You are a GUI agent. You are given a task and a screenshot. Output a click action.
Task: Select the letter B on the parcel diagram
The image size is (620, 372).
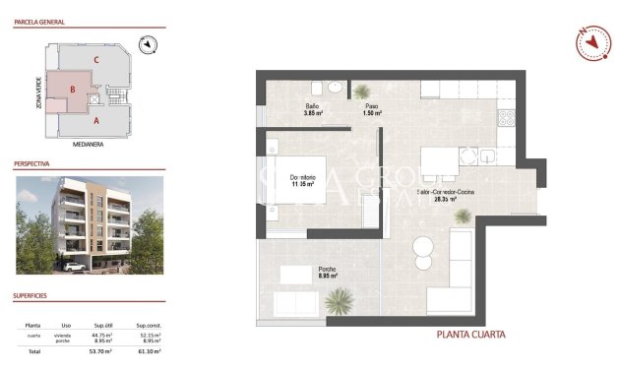[72, 90]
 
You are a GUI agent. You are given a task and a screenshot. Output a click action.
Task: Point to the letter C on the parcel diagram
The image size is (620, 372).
[95, 60]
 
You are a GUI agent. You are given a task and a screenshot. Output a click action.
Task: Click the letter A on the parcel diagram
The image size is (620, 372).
[95, 122]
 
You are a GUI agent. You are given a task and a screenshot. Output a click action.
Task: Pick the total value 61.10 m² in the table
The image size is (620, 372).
[149, 351]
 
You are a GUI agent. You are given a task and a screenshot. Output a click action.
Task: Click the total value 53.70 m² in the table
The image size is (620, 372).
[101, 351]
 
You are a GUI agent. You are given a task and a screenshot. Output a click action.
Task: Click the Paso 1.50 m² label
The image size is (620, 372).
[372, 109]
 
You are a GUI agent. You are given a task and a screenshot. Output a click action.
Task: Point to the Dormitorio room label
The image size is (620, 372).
[301, 180]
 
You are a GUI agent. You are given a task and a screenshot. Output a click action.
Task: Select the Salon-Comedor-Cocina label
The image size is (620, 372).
[447, 195]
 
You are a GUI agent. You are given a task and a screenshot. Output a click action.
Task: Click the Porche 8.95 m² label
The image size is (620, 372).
[328, 274]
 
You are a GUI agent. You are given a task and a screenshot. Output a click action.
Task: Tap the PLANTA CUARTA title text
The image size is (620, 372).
[470, 335]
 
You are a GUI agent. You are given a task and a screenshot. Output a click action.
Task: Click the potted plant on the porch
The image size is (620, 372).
[339, 298]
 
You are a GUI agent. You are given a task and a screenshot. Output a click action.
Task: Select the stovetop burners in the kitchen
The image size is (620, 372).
[508, 121]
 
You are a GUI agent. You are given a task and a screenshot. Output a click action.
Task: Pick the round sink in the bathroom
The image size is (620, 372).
[336, 87]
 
